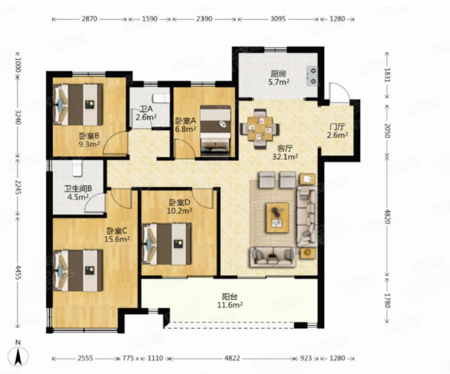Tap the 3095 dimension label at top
(278, 19)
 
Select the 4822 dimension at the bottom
(232, 358)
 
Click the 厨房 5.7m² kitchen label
(279, 78)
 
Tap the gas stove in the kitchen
(313, 76)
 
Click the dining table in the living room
(260, 129)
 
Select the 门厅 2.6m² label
(338, 130)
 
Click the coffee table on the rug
(277, 218)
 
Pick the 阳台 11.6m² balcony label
(230, 300)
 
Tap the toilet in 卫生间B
(78, 168)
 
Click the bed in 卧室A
(215, 131)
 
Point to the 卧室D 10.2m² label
(180, 207)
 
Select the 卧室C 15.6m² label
(117, 235)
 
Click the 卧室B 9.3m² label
(89, 139)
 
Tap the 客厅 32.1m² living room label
(285, 153)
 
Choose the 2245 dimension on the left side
(18, 187)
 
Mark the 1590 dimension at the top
(150, 19)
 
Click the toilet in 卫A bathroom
(161, 98)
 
